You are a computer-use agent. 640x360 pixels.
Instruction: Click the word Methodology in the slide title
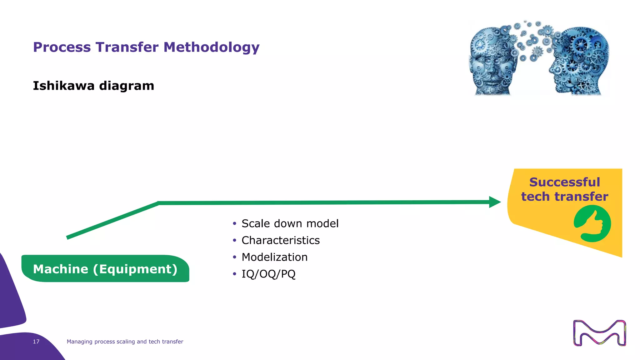tap(212, 47)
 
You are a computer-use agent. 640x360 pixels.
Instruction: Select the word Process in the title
tap(62, 47)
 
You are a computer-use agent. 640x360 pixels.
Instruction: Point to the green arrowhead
tap(495, 202)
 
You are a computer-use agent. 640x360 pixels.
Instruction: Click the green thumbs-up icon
tap(592, 223)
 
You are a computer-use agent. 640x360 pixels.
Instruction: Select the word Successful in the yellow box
tap(564, 182)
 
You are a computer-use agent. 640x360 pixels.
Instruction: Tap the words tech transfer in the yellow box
tap(564, 197)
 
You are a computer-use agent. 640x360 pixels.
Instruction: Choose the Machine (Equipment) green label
tap(105, 269)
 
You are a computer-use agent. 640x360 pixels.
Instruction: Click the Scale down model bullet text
tap(290, 223)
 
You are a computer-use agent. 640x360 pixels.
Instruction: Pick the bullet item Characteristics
tap(280, 240)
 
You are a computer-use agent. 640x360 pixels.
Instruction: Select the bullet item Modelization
tap(274, 257)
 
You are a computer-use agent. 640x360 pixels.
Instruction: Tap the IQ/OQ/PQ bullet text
tap(268, 274)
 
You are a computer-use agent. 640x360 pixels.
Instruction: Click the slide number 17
tap(36, 342)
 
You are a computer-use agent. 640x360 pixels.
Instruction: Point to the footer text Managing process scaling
tap(125, 342)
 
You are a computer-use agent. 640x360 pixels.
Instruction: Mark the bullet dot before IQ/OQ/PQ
tap(234, 274)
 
